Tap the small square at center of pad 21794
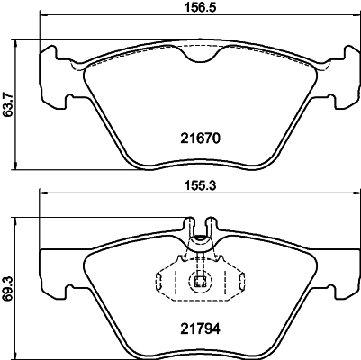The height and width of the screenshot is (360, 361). pyautogui.click(x=199, y=284)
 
